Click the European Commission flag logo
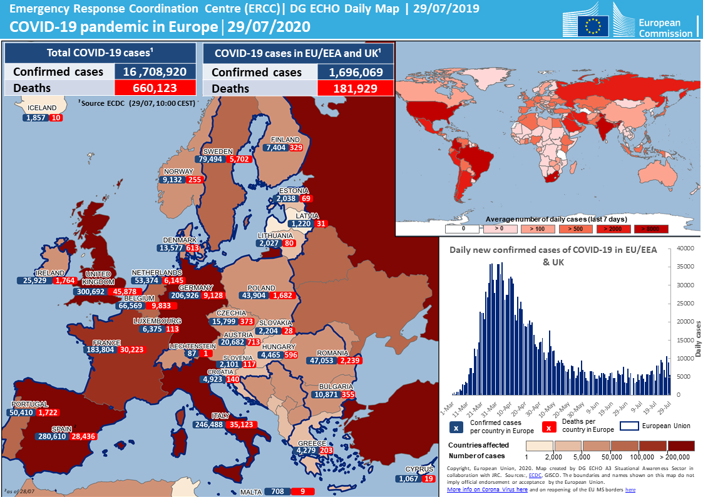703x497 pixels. pyautogui.click(x=593, y=25)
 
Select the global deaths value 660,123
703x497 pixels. pyautogui.click(x=155, y=88)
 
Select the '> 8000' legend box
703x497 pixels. pyautogui.click(x=651, y=229)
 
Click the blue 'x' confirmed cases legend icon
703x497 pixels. pyautogui.click(x=456, y=428)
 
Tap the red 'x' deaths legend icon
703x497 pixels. pyautogui.click(x=548, y=428)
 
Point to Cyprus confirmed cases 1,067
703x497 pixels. pyautogui.click(x=408, y=479)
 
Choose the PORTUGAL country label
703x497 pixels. pyautogui.click(x=29, y=404)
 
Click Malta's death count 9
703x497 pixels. pyautogui.click(x=302, y=491)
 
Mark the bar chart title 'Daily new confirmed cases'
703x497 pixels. pyautogui.click(x=553, y=250)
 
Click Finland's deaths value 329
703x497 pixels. pyautogui.click(x=295, y=148)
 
